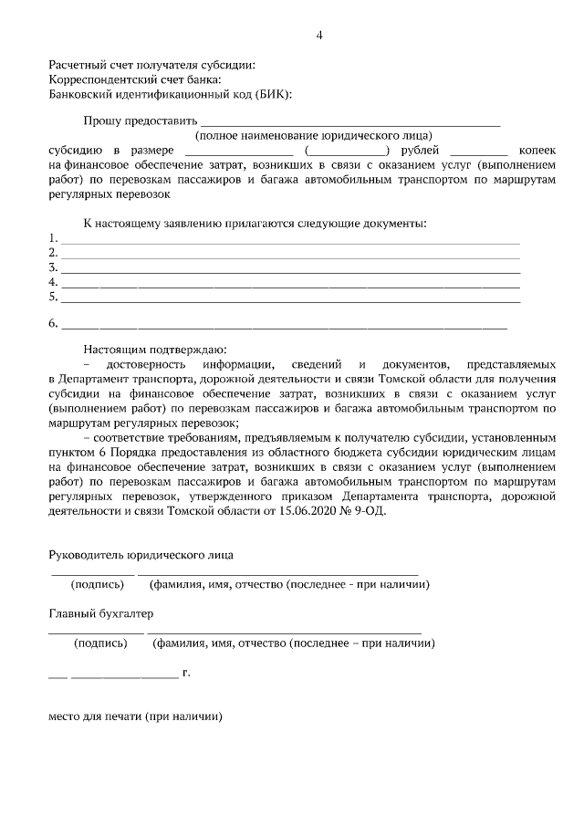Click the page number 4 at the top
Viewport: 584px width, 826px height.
pyautogui.click(x=319, y=36)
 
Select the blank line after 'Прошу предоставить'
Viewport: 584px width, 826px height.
pyautogui.click(x=349, y=122)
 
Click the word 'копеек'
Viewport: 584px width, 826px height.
pyautogui.click(x=537, y=150)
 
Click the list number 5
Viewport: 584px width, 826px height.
pyautogui.click(x=53, y=297)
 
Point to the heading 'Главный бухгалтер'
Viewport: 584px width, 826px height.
pyautogui.click(x=101, y=613)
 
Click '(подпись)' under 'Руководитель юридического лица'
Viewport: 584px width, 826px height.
pyautogui.click(x=98, y=584)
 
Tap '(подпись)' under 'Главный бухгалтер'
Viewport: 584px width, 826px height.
pyautogui.click(x=100, y=643)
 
